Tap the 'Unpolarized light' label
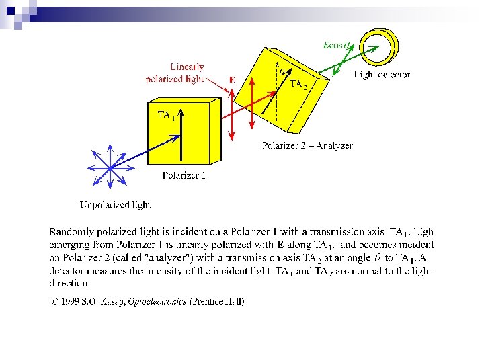[x=115, y=204]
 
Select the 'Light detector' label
[x=382, y=75]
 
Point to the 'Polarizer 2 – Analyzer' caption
[x=307, y=145]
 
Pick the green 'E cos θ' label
[x=336, y=45]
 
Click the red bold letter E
[x=232, y=79]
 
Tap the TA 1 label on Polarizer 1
[x=166, y=115]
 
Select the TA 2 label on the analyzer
[x=298, y=85]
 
